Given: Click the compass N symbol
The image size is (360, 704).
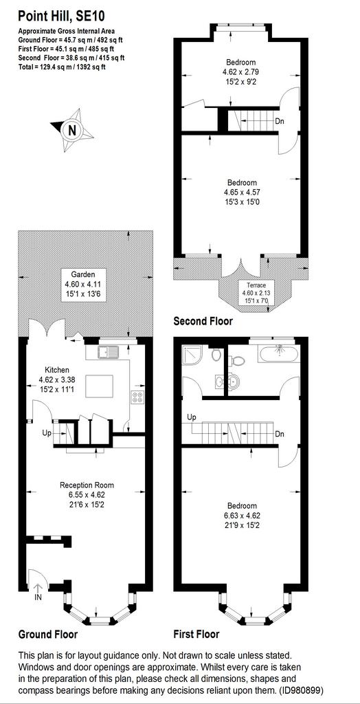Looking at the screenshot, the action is click(x=72, y=130).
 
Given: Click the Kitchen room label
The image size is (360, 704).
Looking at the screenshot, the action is click(x=56, y=370).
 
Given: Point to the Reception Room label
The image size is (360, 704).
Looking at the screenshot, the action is click(x=87, y=485).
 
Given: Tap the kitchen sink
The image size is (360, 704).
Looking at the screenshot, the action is click(x=108, y=352).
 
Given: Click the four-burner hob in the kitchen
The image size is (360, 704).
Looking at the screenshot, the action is click(x=137, y=397).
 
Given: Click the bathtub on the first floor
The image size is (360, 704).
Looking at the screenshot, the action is click(x=276, y=353).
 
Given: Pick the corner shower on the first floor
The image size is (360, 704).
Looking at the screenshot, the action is click(x=192, y=354).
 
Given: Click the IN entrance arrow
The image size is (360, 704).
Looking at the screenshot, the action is click(x=37, y=589).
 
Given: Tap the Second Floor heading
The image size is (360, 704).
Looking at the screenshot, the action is click(x=203, y=321).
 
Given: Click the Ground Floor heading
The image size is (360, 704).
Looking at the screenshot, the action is click(x=47, y=635).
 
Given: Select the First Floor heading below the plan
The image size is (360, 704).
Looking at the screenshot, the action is click(x=196, y=635).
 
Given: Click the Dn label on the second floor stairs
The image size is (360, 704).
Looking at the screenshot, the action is click(x=280, y=121).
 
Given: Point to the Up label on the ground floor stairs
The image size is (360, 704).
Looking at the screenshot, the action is click(x=47, y=434).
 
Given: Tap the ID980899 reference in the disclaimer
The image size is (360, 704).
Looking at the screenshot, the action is click(x=301, y=690).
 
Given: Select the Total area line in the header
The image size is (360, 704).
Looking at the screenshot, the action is click(x=62, y=67).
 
